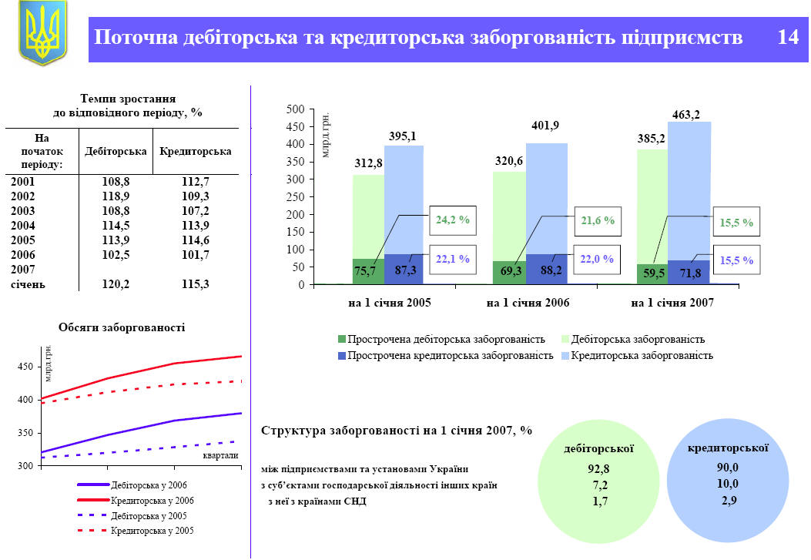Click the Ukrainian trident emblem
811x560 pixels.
coord(42,32)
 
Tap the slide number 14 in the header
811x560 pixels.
coord(788,38)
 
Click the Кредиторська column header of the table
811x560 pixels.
coord(195,151)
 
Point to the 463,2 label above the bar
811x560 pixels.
coord(685,115)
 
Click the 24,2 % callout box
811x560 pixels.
coord(453,220)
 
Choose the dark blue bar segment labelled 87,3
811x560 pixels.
coord(403,270)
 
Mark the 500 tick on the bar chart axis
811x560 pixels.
coord(295,109)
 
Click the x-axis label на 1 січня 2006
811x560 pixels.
coord(528,303)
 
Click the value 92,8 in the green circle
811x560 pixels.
coord(598,468)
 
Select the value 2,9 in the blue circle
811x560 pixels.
coord(728,501)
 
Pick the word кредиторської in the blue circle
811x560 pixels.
coord(728,447)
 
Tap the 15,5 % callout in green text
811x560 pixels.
coord(736,223)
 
